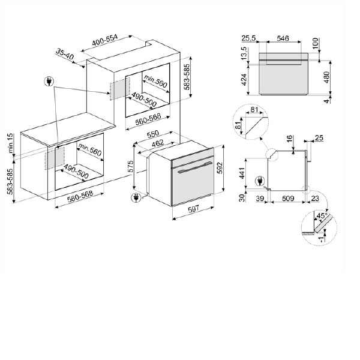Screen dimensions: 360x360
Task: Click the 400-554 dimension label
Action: pos(104,40)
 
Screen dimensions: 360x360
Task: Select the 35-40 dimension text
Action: pos(65,55)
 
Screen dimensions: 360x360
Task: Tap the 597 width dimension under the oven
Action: pos(194,209)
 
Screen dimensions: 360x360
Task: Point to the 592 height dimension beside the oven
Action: pos(220,168)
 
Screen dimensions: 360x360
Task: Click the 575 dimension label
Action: pos(130,166)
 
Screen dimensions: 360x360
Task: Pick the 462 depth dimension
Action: pos(158,143)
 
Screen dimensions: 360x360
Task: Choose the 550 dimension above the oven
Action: pos(152,134)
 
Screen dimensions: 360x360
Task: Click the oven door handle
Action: pos(195,167)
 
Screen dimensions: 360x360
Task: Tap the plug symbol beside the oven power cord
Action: pos(136,197)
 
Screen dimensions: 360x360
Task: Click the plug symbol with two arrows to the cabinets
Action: pos(49,81)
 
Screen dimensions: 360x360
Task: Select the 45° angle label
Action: pos(322,216)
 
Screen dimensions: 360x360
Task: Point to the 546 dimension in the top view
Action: pos(283,38)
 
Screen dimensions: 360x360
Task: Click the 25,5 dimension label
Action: pos(248,38)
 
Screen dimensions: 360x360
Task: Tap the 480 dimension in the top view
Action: pos(326,77)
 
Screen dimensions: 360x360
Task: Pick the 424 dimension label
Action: pos(244,79)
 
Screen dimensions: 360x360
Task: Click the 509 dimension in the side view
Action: pos(288,198)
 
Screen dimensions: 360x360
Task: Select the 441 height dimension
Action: pos(242,173)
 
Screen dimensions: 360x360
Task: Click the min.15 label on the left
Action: pos(11,143)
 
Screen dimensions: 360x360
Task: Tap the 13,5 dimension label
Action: pos(244,53)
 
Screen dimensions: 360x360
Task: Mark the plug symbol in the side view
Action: pos(260,181)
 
